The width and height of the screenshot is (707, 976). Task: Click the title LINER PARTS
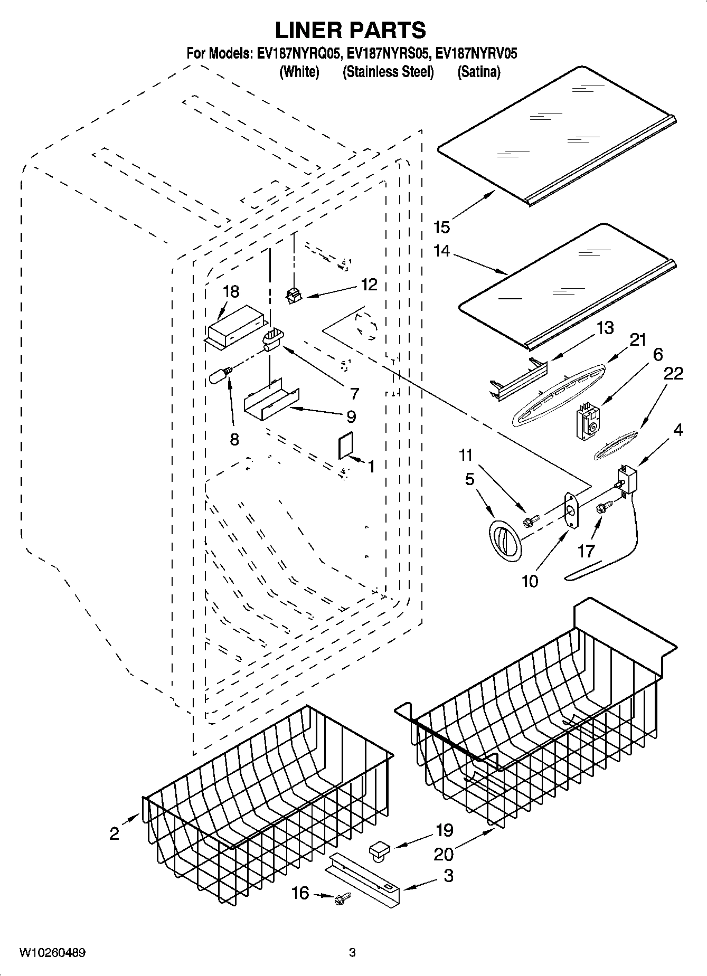pos(350,31)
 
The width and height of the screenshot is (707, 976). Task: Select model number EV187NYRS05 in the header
pos(388,54)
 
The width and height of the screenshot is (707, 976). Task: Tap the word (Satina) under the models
pos(478,72)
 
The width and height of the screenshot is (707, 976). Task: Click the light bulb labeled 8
pos(220,376)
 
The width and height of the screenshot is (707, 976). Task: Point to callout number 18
pos(231,291)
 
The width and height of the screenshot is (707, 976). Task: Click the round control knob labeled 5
pos(505,541)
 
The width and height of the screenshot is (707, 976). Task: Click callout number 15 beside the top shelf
pos(441,227)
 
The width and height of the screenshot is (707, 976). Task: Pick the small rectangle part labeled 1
pos(345,447)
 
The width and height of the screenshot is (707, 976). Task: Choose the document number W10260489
pos(52,952)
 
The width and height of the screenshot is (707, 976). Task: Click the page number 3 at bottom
pos(352,952)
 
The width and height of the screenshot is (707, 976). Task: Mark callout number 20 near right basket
pos(443,853)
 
